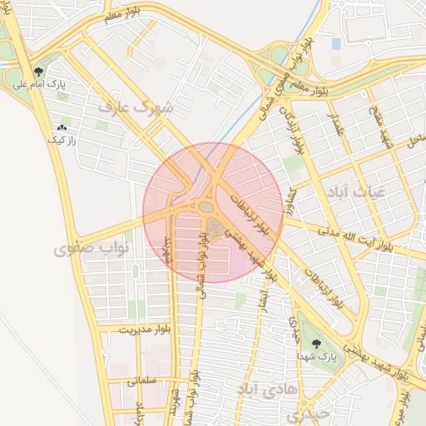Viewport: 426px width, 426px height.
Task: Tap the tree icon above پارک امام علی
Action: click(39, 72)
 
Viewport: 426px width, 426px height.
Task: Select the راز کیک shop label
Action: click(61, 141)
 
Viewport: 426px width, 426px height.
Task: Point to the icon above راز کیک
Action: click(61, 128)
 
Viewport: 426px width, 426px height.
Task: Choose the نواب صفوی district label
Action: click(93, 248)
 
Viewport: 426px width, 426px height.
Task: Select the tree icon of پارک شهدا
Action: click(315, 343)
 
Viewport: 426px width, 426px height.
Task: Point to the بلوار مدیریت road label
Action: click(126, 329)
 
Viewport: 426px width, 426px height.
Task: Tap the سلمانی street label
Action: click(143, 380)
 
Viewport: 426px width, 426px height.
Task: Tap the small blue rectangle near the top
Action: click(336, 43)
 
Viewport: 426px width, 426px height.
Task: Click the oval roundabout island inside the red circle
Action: click(206, 206)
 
